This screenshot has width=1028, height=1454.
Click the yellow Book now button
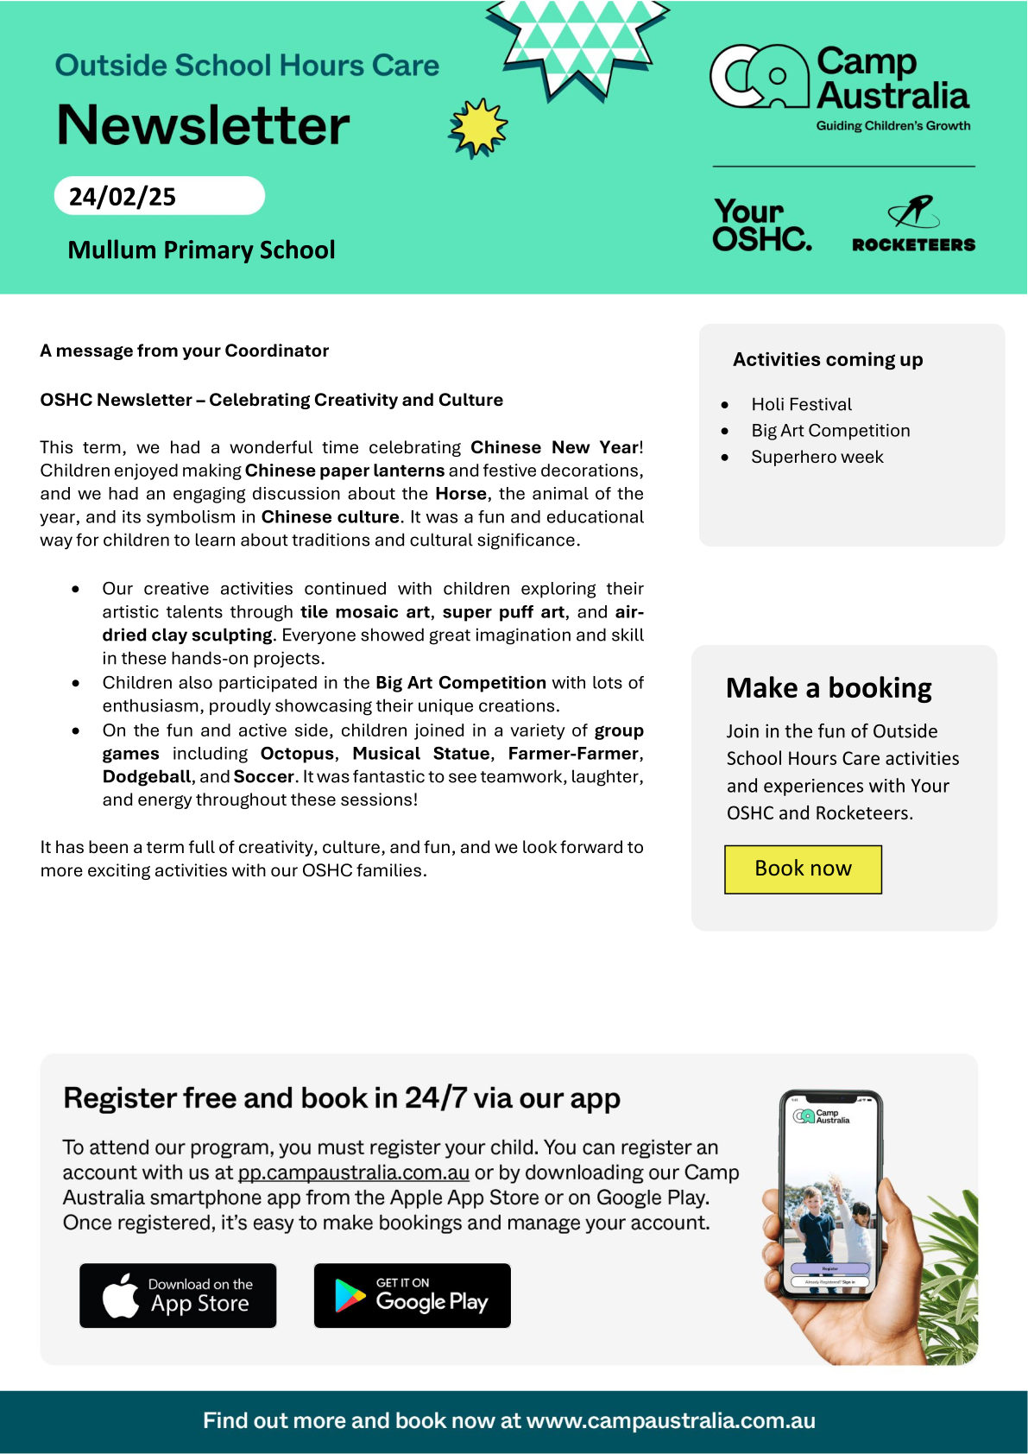[803, 869]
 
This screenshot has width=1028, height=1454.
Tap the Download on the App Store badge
[178, 1295]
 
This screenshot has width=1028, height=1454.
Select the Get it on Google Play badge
[412, 1295]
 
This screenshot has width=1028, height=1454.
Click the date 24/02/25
[123, 197]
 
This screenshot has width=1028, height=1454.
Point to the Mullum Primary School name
[201, 250]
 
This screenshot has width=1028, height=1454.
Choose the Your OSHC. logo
[761, 225]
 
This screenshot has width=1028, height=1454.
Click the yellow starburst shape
[478, 128]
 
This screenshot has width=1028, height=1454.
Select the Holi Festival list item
[801, 405]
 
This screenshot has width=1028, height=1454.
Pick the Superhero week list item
[817, 458]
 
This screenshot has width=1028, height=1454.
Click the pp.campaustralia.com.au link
[354, 1173]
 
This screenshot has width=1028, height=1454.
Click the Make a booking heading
[829, 688]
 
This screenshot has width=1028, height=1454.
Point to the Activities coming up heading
[828, 360]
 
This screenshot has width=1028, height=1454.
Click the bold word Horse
[461, 494]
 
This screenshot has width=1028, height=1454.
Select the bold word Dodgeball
[146, 777]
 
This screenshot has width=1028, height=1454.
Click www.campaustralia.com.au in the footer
[671, 1421]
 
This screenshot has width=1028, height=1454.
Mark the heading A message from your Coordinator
[185, 351]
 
